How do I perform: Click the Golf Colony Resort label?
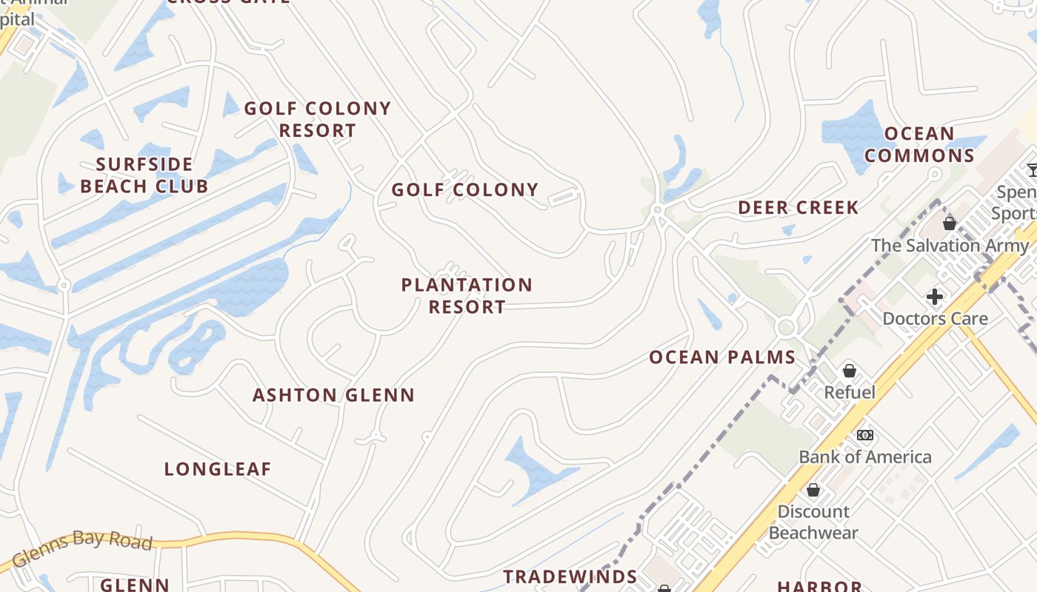click(x=317, y=119)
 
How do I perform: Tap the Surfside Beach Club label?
click(x=144, y=175)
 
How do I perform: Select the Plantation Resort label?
click(x=467, y=295)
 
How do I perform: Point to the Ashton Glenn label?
click(x=333, y=395)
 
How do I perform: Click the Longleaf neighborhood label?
click(x=218, y=469)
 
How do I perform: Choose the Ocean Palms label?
click(x=722, y=357)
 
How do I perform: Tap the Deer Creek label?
click(x=798, y=208)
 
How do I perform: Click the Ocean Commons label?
click(x=919, y=144)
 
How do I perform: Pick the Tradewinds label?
click(x=570, y=576)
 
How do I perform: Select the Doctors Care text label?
click(x=935, y=319)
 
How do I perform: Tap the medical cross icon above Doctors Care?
click(x=935, y=297)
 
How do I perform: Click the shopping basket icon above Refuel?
click(x=850, y=370)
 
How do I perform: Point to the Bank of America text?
click(x=864, y=457)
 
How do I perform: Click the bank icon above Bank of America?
click(x=864, y=435)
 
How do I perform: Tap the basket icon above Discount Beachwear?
click(x=813, y=490)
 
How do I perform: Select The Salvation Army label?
click(x=950, y=245)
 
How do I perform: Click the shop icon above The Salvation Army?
click(x=950, y=223)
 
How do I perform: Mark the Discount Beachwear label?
click(x=813, y=522)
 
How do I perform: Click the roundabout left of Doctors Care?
click(x=786, y=327)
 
